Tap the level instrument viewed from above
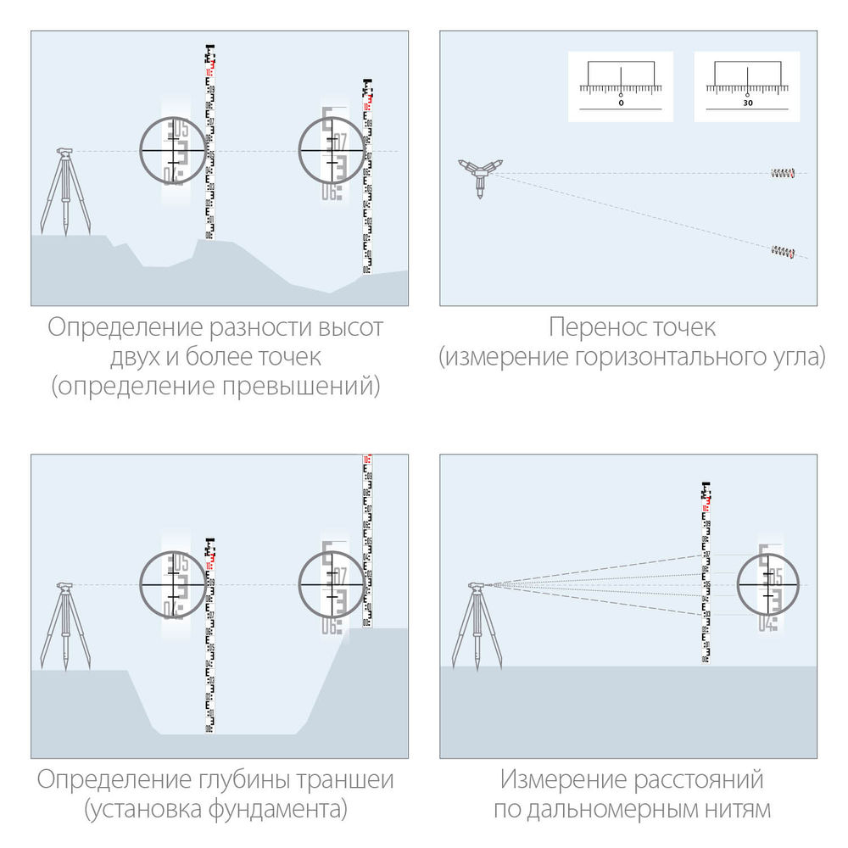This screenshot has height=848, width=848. (480, 174)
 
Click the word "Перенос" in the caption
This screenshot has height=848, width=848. (589, 327)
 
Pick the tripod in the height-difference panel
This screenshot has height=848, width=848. (65, 191)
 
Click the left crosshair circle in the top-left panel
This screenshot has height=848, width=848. (173, 150)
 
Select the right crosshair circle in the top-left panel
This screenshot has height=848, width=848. (332, 150)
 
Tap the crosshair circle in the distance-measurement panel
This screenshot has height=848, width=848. (769, 585)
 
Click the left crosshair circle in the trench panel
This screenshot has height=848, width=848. (173, 583)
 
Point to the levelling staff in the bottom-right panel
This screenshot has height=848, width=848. (705, 572)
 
